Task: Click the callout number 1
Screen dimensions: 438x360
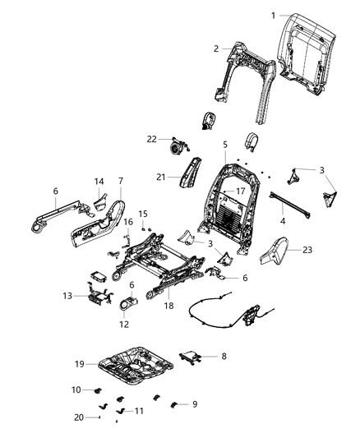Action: coord(275,16)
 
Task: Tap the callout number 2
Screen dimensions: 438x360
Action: coord(216,48)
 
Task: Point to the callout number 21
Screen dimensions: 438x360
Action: coord(161,175)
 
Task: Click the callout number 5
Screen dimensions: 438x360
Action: coord(224,145)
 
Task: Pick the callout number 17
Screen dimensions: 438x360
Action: coord(240,191)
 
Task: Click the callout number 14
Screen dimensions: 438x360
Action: coord(99,182)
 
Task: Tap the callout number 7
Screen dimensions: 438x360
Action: coord(121,181)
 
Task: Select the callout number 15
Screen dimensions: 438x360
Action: coord(142,214)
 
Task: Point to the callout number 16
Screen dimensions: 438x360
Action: coord(128,222)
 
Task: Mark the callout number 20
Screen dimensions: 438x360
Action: coord(78,417)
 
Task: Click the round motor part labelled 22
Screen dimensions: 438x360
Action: coord(175,147)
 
